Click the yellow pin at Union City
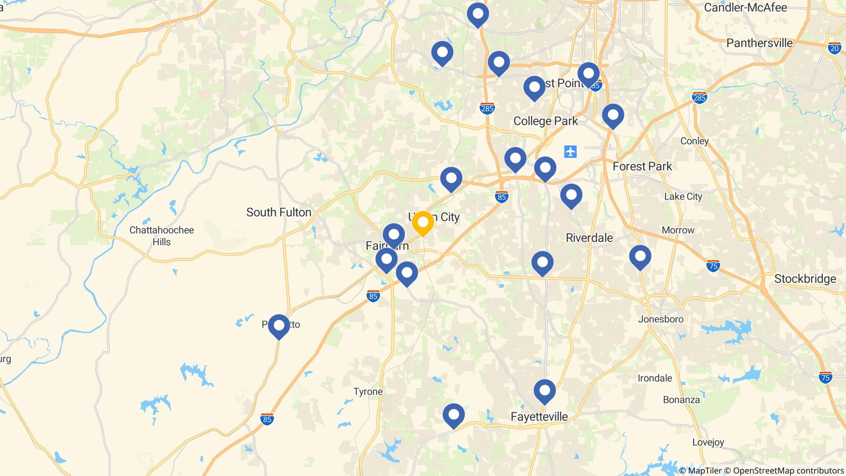tap(423, 223)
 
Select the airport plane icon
tap(570, 152)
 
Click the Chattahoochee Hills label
tap(162, 236)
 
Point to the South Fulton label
tap(279, 212)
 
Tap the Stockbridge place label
tap(805, 279)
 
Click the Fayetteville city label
tap(539, 416)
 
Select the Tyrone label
tap(368, 391)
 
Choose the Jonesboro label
tap(661, 319)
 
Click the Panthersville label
tap(759, 43)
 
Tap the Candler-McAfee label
tap(745, 7)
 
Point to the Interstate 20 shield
tap(834, 48)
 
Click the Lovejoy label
tap(708, 442)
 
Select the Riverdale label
tap(589, 238)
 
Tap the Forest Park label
tap(642, 167)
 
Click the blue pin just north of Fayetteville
tap(544, 391)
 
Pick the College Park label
tap(545, 121)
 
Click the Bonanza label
tap(681, 400)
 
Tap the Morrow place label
tap(678, 230)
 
